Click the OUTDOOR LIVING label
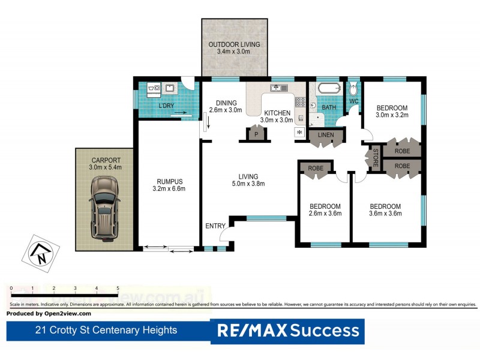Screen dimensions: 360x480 coord(233,45)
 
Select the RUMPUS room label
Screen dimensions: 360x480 coord(169,182)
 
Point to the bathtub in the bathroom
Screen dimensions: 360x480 coord(328,89)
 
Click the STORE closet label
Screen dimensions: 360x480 coord(376,158)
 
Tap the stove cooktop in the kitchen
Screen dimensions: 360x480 coord(300,102)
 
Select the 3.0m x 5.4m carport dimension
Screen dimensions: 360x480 coord(105,167)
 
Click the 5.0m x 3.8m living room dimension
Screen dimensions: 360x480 coord(248,184)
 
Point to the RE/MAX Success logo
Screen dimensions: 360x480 coord(287,331)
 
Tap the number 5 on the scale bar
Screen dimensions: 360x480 coord(118,289)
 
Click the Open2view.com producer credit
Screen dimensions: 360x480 coord(49,313)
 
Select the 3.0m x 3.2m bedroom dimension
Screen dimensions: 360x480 coord(391,115)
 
